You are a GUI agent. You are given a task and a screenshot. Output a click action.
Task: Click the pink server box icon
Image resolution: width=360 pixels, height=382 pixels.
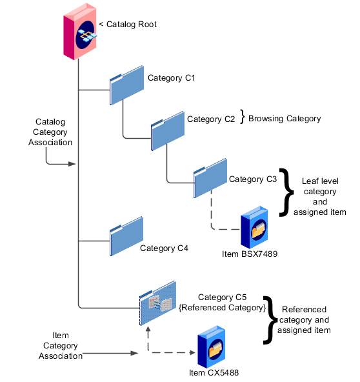click(x=80, y=32)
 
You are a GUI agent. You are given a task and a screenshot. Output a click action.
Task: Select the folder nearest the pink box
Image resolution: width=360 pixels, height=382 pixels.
click(x=126, y=85)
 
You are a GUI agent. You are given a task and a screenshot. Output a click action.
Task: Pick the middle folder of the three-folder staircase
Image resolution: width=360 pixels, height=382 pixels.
click(x=168, y=131)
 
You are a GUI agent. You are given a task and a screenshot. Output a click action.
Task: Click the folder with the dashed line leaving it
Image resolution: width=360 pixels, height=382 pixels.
click(x=210, y=178)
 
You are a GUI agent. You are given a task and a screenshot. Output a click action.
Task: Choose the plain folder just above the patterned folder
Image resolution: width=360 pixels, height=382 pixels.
click(x=126, y=236)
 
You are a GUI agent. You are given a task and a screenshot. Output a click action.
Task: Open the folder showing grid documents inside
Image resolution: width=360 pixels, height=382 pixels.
click(x=158, y=303)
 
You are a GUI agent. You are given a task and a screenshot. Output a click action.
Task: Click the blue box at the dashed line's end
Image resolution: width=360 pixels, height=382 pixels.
click(x=254, y=227)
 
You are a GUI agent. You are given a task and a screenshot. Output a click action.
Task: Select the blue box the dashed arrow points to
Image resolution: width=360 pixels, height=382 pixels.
click(x=211, y=347)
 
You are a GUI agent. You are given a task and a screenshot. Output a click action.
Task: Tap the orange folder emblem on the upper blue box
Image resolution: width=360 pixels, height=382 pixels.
click(x=259, y=230)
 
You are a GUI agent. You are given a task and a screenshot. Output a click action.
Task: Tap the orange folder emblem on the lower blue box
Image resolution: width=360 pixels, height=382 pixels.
click(x=215, y=350)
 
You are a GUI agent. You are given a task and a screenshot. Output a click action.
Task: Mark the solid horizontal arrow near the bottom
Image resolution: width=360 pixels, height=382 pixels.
click(x=110, y=353)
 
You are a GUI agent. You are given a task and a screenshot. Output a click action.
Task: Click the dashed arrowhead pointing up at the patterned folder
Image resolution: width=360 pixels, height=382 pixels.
click(x=148, y=330)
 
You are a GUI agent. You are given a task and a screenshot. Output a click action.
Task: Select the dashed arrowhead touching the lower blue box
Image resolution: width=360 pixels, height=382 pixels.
click(x=192, y=352)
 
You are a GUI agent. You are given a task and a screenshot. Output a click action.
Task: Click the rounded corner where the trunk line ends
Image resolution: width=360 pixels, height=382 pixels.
click(x=80, y=307)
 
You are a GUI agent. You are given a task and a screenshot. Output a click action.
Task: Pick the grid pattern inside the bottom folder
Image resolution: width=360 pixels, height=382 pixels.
click(x=160, y=303)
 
